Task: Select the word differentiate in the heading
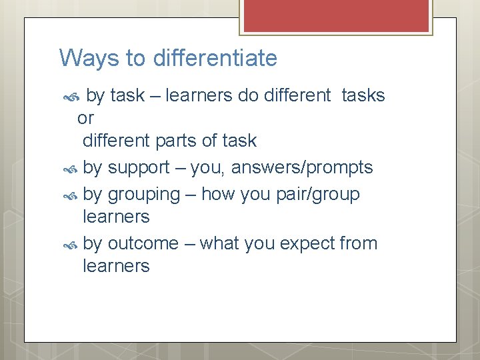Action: [215, 59]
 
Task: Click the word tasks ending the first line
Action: [363, 95]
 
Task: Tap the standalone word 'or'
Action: [86, 118]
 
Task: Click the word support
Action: [139, 168]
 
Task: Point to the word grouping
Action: [143, 195]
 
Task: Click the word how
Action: [215, 194]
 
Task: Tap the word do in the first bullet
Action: [248, 95]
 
